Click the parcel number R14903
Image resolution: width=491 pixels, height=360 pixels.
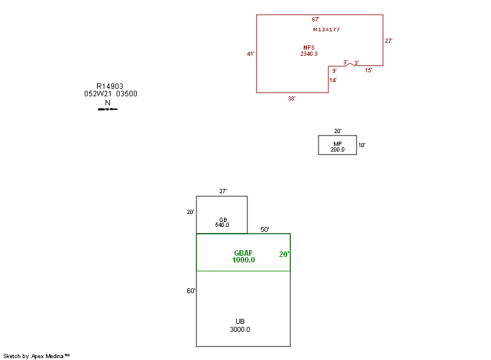click(110, 86)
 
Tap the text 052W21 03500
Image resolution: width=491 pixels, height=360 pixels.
click(110, 94)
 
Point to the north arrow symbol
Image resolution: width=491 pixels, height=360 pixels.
click(107, 109)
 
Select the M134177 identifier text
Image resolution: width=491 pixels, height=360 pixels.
click(327, 29)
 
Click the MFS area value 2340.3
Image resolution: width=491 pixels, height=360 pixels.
click(309, 54)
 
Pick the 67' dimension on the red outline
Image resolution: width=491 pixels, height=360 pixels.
click(315, 20)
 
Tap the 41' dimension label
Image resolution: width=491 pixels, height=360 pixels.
click(250, 54)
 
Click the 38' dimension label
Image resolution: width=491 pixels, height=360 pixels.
click(292, 98)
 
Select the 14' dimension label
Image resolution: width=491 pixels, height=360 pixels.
click(333, 80)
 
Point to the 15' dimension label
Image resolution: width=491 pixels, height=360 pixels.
click(368, 71)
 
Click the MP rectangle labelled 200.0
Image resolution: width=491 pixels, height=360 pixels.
click(338, 145)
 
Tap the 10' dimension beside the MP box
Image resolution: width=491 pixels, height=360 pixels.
click(362, 145)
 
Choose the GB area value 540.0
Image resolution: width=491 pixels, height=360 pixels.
click(222, 225)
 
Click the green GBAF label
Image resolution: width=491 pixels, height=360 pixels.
click(244, 253)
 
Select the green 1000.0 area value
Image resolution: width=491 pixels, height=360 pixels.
click(244, 260)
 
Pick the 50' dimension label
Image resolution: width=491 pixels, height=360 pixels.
click(265, 229)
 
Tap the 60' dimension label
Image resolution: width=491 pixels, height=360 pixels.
click(191, 291)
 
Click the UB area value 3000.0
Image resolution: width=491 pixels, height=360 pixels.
click(240, 329)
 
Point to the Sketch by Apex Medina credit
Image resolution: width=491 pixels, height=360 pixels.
click(37, 356)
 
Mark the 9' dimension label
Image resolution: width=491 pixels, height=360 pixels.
click(334, 71)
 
